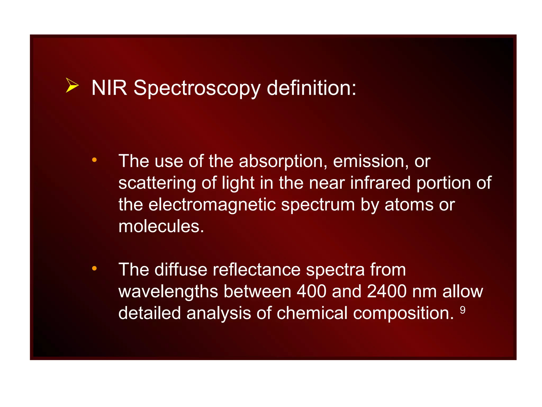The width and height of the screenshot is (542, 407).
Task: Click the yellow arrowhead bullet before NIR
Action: coord(72,86)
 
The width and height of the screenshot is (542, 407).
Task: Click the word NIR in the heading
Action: coord(109,88)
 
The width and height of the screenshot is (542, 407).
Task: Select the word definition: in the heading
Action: coord(311,88)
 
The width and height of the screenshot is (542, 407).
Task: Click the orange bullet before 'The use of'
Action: coord(94,160)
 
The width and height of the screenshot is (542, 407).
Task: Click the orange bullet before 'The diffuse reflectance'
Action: coord(94,268)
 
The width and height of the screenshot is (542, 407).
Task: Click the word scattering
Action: coord(157,183)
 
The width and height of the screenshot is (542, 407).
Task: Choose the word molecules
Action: coord(161,227)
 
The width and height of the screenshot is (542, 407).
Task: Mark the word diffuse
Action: coord(180,270)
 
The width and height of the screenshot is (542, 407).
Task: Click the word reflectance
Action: coord(256,270)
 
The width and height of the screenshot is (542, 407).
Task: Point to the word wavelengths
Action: coord(168,292)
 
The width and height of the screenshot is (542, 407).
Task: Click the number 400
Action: coord(311,291)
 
